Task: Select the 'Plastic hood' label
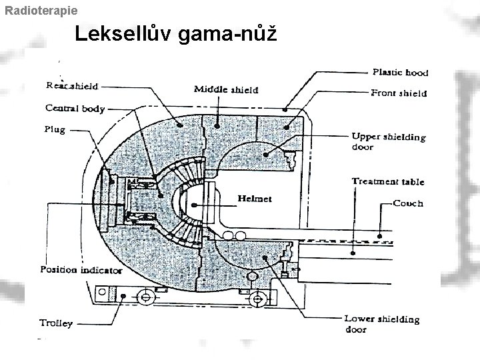(x=400, y=73)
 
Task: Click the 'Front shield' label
(x=399, y=93)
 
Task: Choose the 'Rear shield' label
(x=71, y=85)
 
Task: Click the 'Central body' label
(x=75, y=108)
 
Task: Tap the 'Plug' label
(x=55, y=129)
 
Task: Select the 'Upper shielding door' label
(x=388, y=142)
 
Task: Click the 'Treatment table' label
(x=387, y=181)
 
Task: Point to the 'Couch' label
(x=408, y=203)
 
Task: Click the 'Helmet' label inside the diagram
(x=255, y=199)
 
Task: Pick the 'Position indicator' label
(x=81, y=270)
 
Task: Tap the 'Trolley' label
(x=56, y=323)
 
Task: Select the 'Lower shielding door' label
(x=381, y=324)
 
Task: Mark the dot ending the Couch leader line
(x=380, y=234)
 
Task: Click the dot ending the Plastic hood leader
(x=285, y=108)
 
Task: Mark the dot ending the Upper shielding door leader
(x=265, y=154)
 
